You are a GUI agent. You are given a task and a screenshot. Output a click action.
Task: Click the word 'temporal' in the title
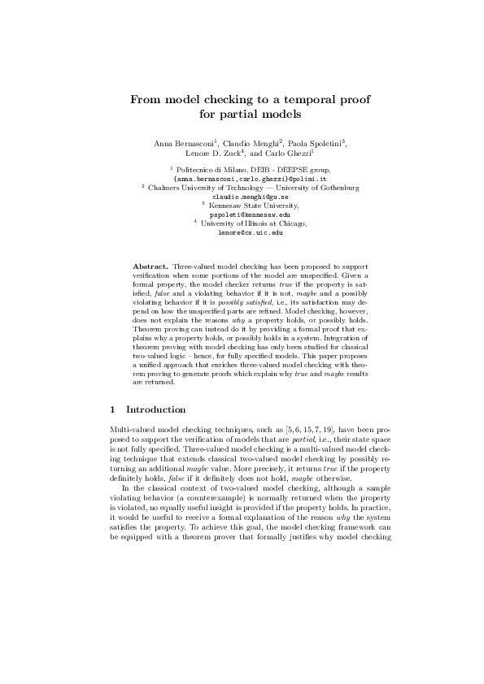pos(283,99)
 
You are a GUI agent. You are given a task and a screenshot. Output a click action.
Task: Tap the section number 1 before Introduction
pos(111,409)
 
